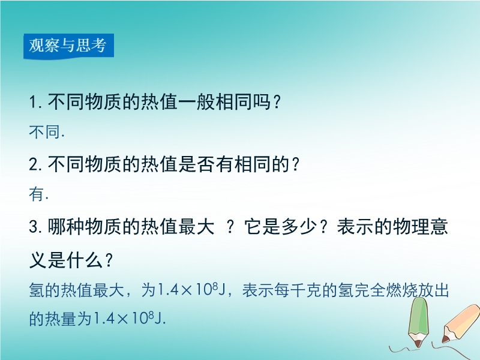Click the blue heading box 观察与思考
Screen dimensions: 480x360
[68, 46]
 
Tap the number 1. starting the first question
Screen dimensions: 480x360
[35, 102]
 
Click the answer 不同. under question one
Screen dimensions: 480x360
[47, 132]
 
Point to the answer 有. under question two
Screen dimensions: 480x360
[38, 194]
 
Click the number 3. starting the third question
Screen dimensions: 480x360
[35, 227]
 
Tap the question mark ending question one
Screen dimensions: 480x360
[276, 102]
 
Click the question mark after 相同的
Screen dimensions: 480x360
[295, 164]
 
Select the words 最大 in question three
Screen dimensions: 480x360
[197, 227]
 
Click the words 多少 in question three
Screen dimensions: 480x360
[299, 227]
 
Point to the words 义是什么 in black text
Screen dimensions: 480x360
[66, 260]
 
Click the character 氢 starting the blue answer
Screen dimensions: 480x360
[37, 290]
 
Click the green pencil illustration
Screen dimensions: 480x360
[418, 322]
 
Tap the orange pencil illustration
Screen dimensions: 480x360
[460, 323]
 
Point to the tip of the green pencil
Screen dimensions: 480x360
[417, 347]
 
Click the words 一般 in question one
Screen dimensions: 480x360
[197, 101]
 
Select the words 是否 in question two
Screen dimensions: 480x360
[197, 164]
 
